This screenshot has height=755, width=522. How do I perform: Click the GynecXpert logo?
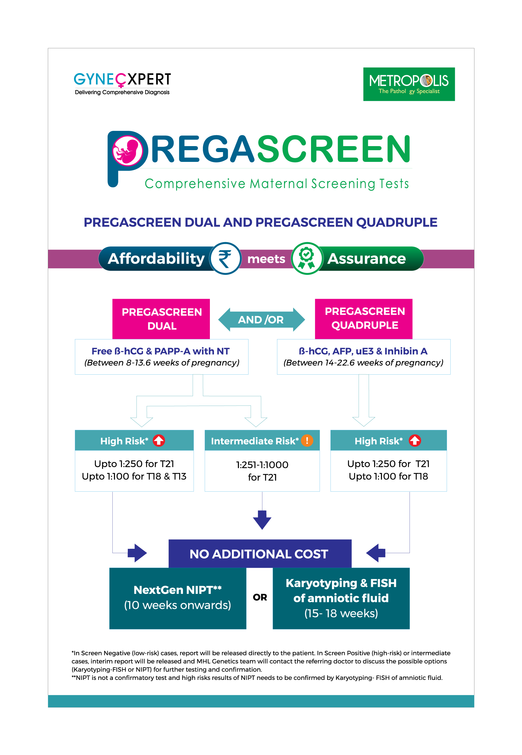tap(122, 84)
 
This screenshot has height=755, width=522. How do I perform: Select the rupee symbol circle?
tap(225, 258)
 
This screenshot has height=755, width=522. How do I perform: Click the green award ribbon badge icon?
tap(307, 258)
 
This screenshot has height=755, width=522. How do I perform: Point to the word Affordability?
tap(156, 258)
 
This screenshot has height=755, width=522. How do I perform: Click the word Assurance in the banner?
tap(367, 258)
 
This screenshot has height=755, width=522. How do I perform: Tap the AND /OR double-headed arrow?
tap(261, 319)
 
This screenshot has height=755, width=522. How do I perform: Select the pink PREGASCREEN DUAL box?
tap(161, 319)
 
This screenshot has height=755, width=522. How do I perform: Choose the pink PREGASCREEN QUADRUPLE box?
tap(364, 319)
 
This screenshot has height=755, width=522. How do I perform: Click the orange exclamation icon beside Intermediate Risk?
tap(307, 440)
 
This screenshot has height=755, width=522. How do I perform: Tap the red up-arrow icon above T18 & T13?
tap(159, 440)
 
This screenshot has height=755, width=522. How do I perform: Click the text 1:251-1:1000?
tap(262, 465)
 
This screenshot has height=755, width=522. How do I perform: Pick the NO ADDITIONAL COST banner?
tap(260, 554)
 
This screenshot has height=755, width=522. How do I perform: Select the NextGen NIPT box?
tap(178, 598)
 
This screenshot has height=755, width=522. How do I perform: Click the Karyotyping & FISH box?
tap(341, 598)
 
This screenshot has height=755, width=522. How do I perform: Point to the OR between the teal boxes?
tap(260, 597)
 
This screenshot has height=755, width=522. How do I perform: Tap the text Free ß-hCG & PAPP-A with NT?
tap(161, 351)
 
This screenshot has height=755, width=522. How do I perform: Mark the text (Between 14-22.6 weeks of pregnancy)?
tap(363, 363)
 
